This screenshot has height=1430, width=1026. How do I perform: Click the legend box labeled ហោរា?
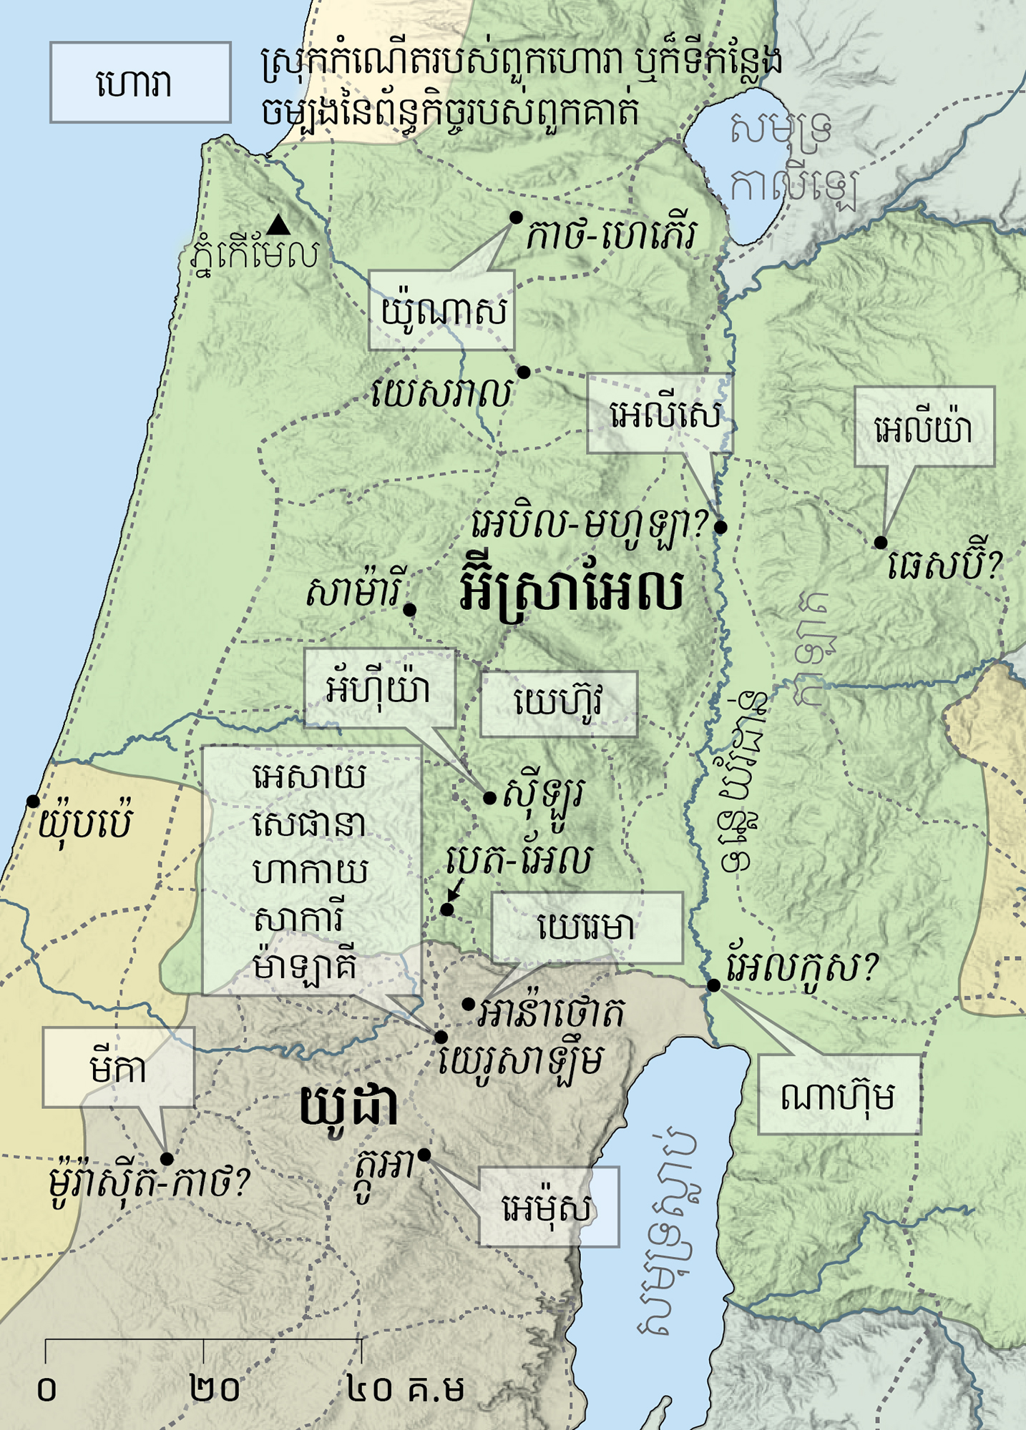point(140,83)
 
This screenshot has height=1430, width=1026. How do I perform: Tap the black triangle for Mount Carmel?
point(278,225)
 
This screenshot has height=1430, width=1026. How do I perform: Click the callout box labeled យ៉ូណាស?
point(441,310)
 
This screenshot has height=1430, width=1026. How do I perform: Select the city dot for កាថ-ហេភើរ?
point(515,217)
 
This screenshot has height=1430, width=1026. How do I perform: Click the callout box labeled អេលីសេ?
point(660,413)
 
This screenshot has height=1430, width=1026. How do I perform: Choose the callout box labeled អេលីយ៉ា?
point(924,428)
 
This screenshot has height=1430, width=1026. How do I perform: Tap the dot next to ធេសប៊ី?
point(881,543)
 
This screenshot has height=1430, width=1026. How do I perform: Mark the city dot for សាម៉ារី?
point(409,610)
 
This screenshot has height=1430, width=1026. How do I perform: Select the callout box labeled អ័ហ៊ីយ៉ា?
point(379,689)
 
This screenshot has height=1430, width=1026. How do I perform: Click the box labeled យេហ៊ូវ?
point(559,704)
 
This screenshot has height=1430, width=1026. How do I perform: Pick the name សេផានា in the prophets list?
point(310,824)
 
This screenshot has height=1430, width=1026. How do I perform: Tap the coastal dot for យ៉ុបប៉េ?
point(33,802)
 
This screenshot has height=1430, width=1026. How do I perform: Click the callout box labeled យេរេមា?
point(587,927)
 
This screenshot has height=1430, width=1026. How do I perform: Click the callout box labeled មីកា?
point(118,1067)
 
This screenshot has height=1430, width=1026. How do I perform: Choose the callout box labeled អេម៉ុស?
point(548,1208)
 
